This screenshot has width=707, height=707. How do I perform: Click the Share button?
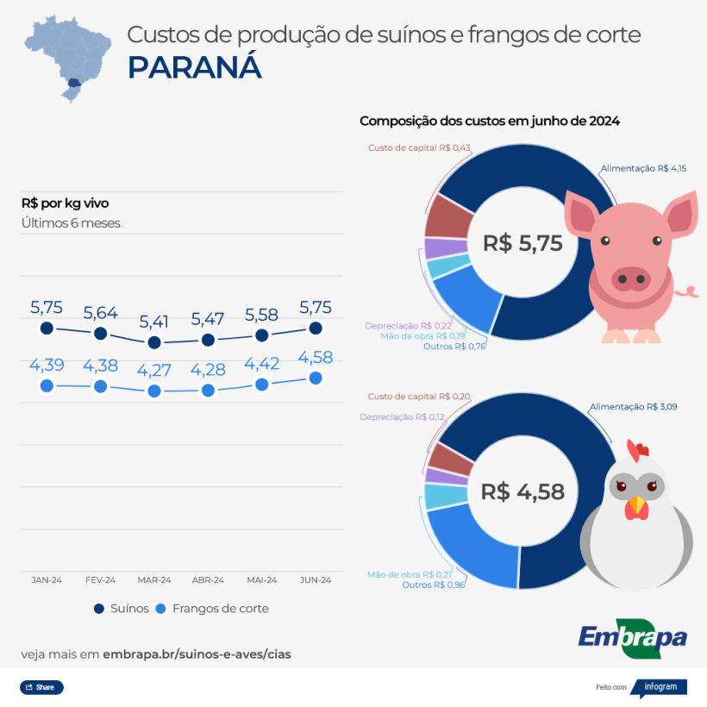(x=41, y=687)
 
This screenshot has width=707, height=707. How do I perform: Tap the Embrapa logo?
(x=633, y=637)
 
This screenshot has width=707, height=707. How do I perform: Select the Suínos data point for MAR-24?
(x=154, y=342)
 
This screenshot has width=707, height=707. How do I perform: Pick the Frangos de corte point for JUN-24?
(x=316, y=378)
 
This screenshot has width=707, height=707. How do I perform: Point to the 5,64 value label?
(x=100, y=312)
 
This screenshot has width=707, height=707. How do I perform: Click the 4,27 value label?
(x=154, y=370)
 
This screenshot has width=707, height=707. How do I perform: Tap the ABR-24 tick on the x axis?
(x=208, y=580)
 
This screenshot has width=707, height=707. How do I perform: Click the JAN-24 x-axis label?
(x=47, y=580)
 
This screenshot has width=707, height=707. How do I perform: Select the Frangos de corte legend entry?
(x=212, y=609)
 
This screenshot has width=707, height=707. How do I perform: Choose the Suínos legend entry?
(x=122, y=609)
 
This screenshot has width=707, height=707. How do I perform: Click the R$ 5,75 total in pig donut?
(x=522, y=243)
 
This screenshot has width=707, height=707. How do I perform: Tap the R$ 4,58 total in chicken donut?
(x=522, y=491)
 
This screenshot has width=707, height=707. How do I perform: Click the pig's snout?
(x=631, y=278)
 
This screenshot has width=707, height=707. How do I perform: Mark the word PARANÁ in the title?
(x=194, y=68)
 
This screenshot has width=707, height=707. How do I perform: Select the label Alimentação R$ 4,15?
(x=643, y=169)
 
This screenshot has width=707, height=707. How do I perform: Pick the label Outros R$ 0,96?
(x=433, y=585)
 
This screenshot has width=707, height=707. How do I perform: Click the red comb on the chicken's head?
(x=638, y=449)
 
